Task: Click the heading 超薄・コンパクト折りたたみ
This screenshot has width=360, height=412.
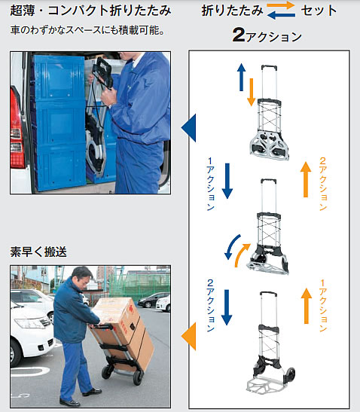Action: tap(90, 11)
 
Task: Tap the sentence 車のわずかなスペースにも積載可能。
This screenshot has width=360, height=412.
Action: tap(87, 30)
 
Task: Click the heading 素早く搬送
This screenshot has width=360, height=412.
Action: tap(38, 252)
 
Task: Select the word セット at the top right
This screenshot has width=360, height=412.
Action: tap(319, 11)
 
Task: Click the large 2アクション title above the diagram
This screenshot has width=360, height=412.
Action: tap(267, 35)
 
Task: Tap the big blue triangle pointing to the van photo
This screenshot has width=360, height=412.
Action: tap(189, 128)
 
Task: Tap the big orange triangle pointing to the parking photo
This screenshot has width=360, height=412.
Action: tap(189, 337)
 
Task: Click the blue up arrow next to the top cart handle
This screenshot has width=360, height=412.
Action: tap(241, 78)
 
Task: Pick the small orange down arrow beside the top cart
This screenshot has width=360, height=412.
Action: tap(252, 92)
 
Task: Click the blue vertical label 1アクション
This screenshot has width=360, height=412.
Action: tap(210, 185)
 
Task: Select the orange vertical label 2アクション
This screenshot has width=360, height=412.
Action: tap(323, 185)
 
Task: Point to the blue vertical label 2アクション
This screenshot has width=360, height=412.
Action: tap(210, 305)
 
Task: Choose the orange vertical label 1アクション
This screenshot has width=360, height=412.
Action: tap(323, 305)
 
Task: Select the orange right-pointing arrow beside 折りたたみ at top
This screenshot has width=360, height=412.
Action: tap(281, 5)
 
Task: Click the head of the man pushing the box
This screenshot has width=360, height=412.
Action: tap(82, 277)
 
